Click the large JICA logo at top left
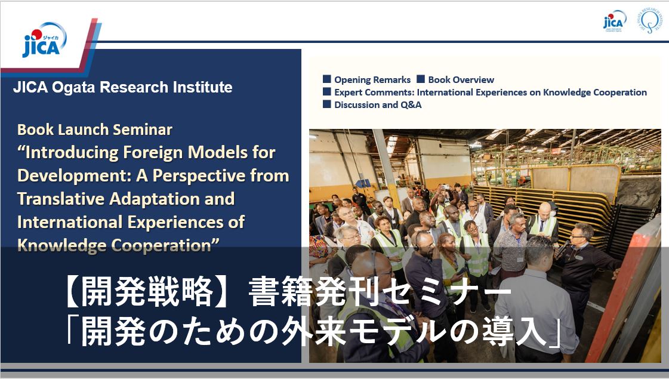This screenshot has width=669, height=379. point(44,40)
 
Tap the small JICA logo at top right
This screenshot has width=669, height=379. point(614,20)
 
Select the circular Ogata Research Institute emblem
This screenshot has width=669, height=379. point(649,20)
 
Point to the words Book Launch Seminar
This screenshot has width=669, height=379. point(95,130)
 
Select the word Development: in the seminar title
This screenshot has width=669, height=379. point(74,176)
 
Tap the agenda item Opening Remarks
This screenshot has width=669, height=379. point(372,80)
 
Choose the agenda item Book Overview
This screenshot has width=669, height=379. point(461,80)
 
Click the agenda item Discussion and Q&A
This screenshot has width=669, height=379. point(378,104)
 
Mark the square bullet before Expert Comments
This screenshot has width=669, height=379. point(327,91)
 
